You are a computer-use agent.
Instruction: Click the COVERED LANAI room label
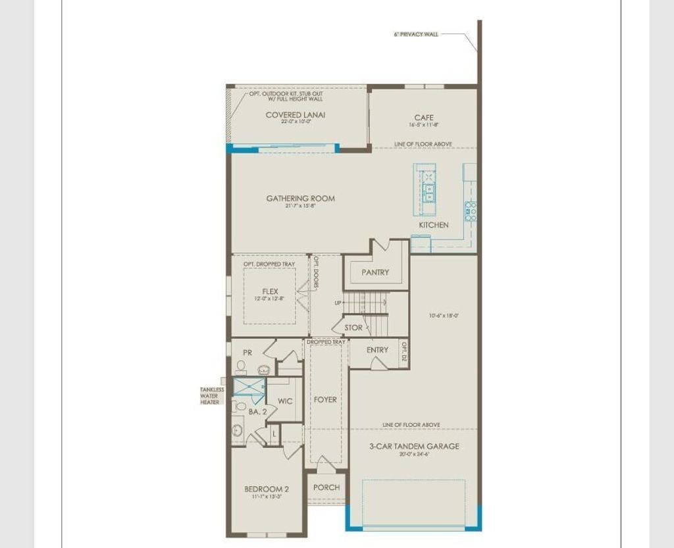point(295,114)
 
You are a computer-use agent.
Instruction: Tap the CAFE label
point(424,118)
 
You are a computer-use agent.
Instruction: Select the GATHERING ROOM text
point(300,198)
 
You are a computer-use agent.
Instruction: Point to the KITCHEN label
point(434,225)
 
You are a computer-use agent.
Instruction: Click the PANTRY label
point(375,272)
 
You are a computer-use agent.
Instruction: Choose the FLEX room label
point(270,291)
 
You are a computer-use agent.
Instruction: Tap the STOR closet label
point(353,328)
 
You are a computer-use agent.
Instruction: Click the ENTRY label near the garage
point(377,350)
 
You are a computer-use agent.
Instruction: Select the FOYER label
point(325,399)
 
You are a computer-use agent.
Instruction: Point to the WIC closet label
point(284,401)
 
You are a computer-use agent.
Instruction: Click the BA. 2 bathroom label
point(257,412)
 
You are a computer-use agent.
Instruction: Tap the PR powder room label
point(247,353)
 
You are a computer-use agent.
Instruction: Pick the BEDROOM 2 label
point(267,489)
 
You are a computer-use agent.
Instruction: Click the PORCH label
point(326,487)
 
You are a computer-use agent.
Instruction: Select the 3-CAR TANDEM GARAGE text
point(414,446)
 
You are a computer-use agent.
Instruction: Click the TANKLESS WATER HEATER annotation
point(211,395)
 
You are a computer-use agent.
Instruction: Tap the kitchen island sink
point(429,192)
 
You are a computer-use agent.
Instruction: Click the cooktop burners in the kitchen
point(471,211)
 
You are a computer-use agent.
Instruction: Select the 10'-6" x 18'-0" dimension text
point(443,315)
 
